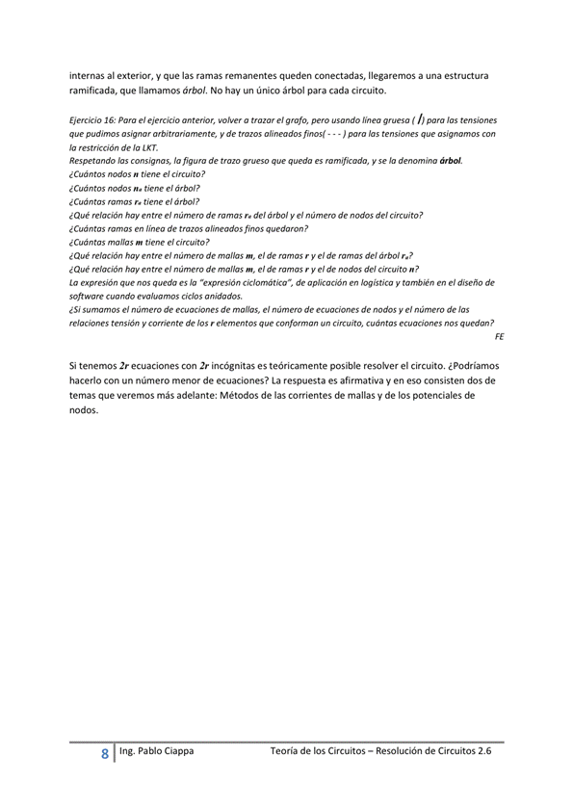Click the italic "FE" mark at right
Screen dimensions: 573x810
498,338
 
